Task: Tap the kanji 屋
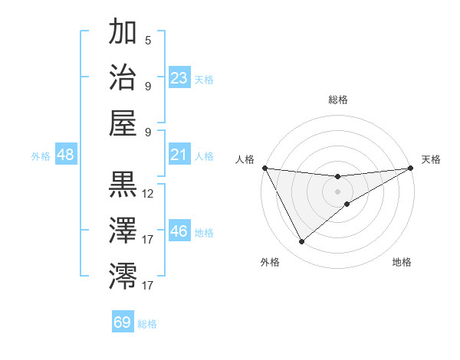pyautogui.click(x=123, y=123)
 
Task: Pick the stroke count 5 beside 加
pyautogui.click(x=148, y=41)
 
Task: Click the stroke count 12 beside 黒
pyautogui.click(x=148, y=194)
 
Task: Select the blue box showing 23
pyautogui.click(x=179, y=78)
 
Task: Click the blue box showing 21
pyautogui.click(x=179, y=155)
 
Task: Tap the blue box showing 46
pyautogui.click(x=179, y=231)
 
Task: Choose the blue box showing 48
pyautogui.click(x=66, y=155)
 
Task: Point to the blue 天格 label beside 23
pyautogui.click(x=204, y=79)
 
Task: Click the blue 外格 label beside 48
pyautogui.click(x=41, y=156)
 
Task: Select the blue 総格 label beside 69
pyautogui.click(x=147, y=324)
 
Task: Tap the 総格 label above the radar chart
pyautogui.click(x=338, y=100)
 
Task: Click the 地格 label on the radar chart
pyautogui.click(x=402, y=262)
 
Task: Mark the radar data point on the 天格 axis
pyautogui.click(x=411, y=168)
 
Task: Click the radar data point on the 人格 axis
pyautogui.click(x=264, y=168)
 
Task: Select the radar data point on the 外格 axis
pyautogui.click(x=301, y=242)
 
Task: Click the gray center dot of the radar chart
pyautogui.click(x=338, y=191)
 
